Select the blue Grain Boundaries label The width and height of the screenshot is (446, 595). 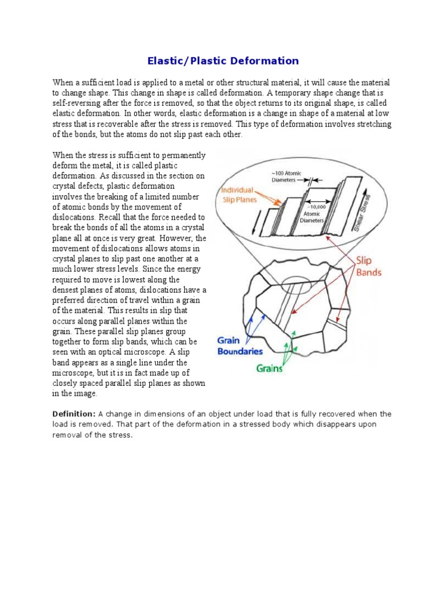pyautogui.click(x=239, y=346)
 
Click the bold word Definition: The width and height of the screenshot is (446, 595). pyautogui.click(x=74, y=414)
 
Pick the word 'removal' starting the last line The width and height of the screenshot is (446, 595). pyautogui.click(x=67, y=435)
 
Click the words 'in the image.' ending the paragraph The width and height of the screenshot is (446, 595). pyautogui.click(x=75, y=393)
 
